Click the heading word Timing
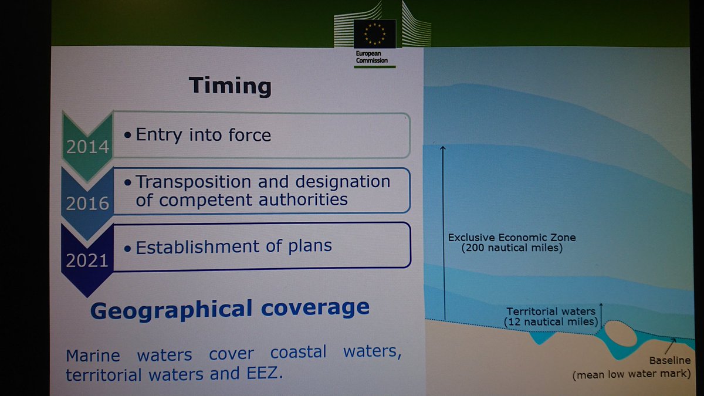230,86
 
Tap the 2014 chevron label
88,147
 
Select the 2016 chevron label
88,204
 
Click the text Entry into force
204,135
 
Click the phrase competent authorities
242,199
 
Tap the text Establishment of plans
234,246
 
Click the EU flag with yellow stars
374,34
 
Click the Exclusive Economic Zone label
512,238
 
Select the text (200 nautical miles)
512,248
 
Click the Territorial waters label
550,312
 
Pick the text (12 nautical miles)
550,321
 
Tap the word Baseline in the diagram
670,360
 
